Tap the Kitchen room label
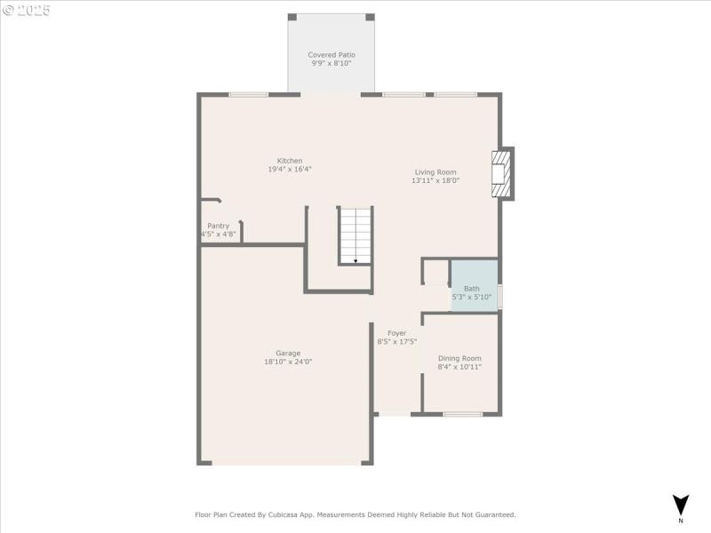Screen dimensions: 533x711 pos(290,161)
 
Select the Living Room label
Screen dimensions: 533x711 pos(435,172)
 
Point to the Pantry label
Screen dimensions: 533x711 pos(219,226)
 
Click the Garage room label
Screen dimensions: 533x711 pos(288,353)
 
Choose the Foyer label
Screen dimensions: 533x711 pos(396,333)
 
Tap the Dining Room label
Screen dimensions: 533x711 pos(459,358)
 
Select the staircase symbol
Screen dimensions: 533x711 pos(355,235)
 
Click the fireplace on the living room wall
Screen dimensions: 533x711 pos(502,173)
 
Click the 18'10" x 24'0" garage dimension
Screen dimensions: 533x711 pos(288,362)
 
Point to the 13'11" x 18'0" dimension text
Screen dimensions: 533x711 pos(435,181)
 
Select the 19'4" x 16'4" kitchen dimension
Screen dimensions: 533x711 pos(290,170)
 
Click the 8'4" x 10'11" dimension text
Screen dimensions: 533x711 pos(459,367)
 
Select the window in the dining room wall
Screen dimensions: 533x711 pos(463,414)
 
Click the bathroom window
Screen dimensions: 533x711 pos(499,296)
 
